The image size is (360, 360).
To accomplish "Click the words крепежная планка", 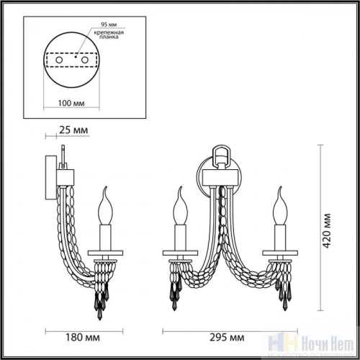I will coord(101,38).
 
